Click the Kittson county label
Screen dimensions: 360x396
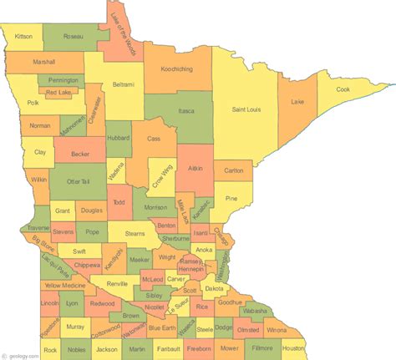click(23, 37)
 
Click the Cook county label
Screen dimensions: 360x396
click(343, 89)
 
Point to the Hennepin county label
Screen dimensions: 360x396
click(191, 270)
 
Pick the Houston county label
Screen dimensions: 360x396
click(293, 347)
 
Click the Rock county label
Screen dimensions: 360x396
click(51, 349)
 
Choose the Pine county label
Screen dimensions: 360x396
click(232, 198)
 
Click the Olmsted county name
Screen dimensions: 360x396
click(248, 330)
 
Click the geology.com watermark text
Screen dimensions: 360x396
click(20, 353)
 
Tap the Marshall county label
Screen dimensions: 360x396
click(44, 62)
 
